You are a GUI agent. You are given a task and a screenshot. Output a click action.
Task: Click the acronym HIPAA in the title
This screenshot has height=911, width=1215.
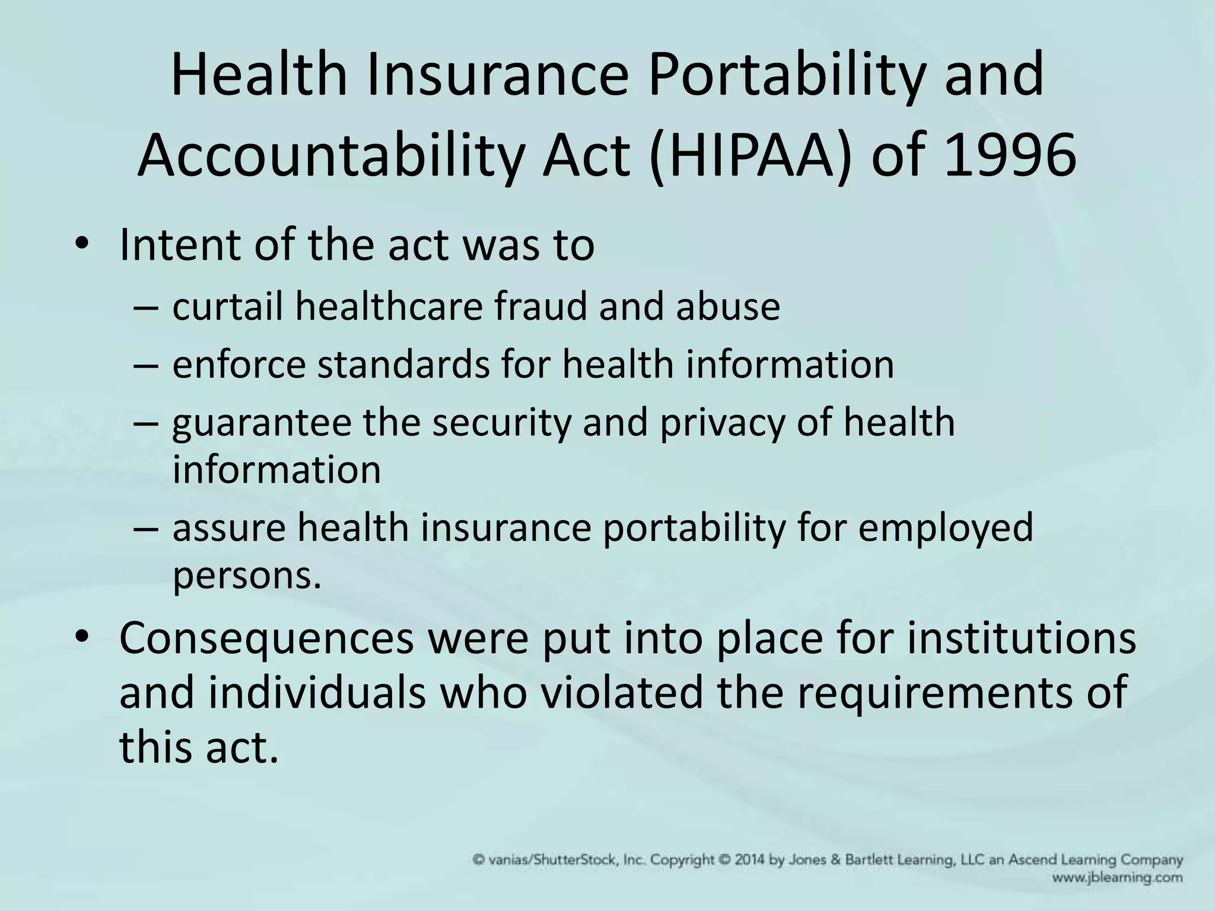(x=748, y=155)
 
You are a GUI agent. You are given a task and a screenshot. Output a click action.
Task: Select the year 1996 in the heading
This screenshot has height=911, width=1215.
(x=1010, y=155)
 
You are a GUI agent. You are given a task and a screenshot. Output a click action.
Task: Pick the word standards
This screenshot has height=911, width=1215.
(x=404, y=364)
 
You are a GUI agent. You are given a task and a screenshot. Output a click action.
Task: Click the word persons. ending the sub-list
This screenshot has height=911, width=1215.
(x=247, y=575)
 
